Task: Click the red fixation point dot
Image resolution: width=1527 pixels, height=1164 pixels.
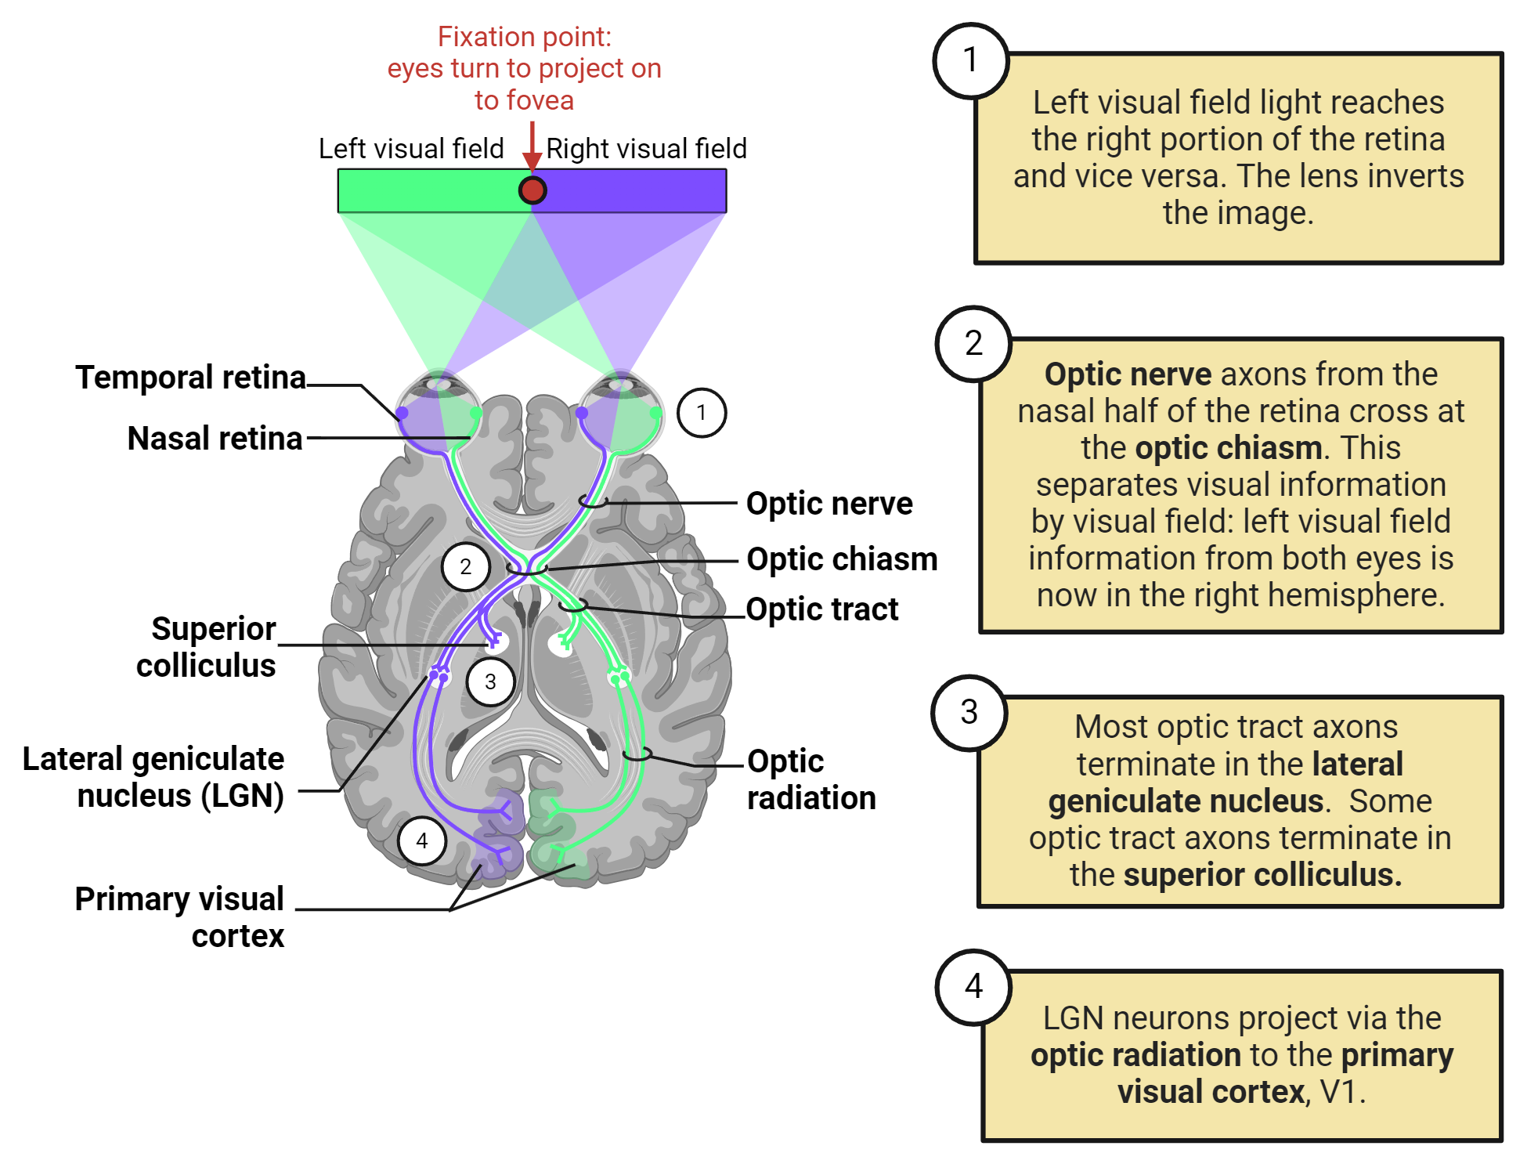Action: [x=532, y=190]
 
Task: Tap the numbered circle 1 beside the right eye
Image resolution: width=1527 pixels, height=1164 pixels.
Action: [x=702, y=413]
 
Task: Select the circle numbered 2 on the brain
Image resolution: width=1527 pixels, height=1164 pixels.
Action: [x=466, y=566]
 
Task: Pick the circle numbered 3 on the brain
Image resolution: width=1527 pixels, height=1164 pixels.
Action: [x=490, y=681]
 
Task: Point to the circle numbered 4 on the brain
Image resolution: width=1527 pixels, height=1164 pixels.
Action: [x=422, y=840]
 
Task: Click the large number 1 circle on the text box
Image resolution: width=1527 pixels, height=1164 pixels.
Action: [x=971, y=60]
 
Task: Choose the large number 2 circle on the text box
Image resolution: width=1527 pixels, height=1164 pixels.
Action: [x=973, y=343]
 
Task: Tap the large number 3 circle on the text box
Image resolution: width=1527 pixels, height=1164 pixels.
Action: [x=969, y=712]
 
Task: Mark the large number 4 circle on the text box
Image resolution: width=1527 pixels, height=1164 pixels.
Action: [x=973, y=986]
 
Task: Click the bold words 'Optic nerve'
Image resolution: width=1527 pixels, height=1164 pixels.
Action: [x=1128, y=374]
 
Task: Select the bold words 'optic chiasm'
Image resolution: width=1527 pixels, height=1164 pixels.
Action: [x=1229, y=448]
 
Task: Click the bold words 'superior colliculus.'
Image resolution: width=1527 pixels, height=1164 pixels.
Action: [x=1262, y=875]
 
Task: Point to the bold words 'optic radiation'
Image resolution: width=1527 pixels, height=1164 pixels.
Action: [x=1135, y=1055]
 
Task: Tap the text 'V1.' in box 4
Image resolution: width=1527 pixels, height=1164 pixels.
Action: [x=1342, y=1092]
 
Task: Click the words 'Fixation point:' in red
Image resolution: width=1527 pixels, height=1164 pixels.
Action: [x=525, y=37]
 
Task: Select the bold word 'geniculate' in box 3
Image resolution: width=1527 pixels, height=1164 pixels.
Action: [x=1186, y=801]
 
